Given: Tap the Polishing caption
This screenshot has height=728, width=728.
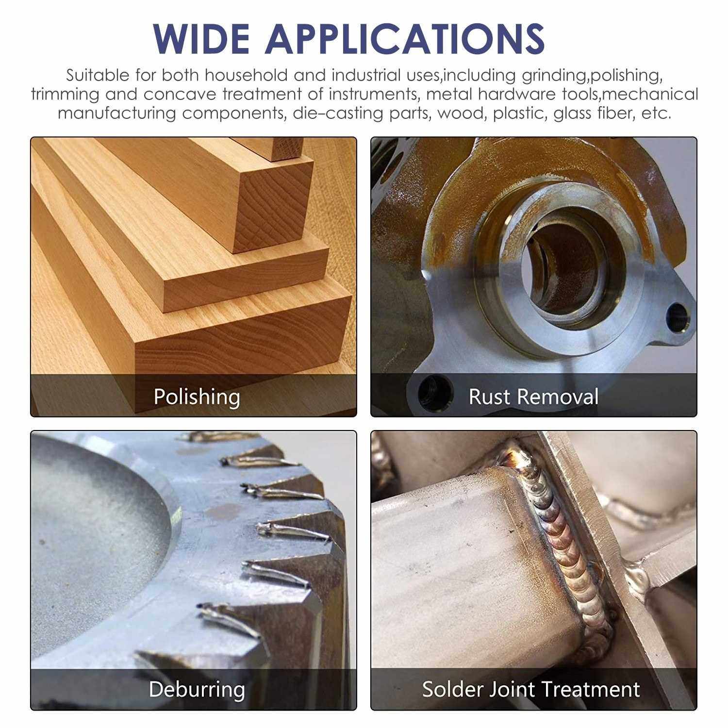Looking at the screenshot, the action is pos(197,397).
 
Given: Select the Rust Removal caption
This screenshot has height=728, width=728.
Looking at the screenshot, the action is pos(533,397).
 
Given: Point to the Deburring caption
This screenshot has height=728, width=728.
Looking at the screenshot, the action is pos(197,689).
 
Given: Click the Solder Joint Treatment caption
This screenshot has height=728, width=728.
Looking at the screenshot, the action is pos(531,689).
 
